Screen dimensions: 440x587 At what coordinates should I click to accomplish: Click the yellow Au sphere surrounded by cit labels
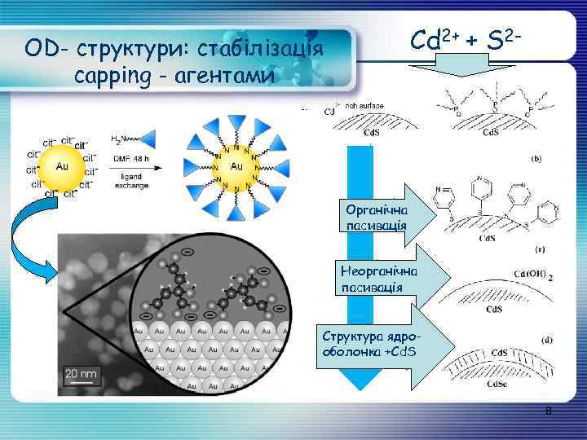pos(61,166)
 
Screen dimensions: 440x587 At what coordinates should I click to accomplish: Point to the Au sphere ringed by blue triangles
pos(236,166)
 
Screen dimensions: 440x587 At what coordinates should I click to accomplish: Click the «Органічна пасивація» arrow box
pos(383,214)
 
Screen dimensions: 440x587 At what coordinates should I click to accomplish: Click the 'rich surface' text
pos(364,105)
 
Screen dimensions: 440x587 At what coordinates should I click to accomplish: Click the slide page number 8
pos(549,413)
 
